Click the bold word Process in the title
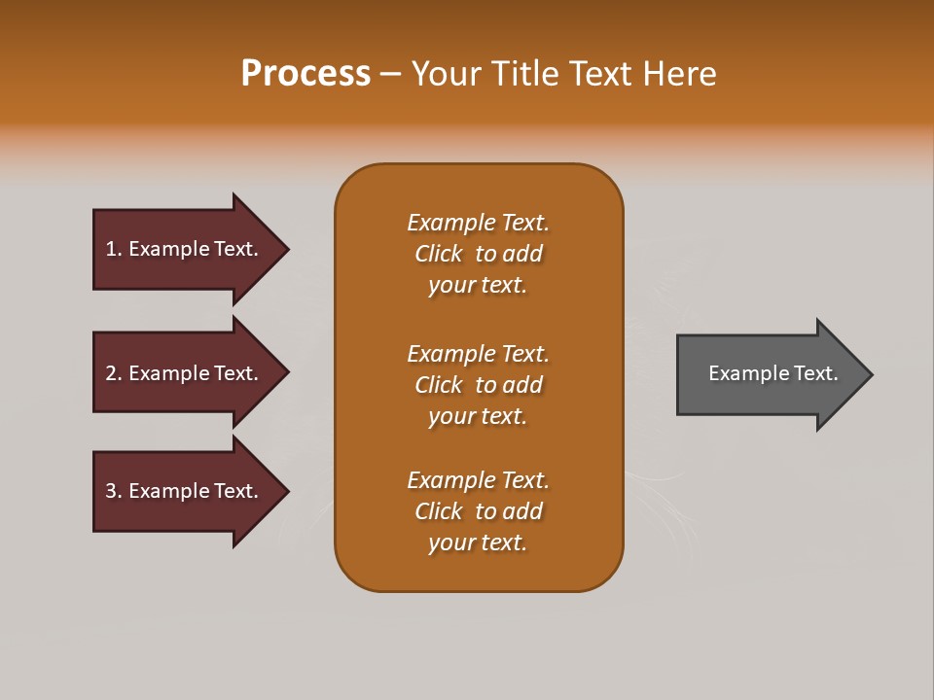tap(305, 74)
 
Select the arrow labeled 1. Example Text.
tap(185, 249)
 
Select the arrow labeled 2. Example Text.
tap(185, 373)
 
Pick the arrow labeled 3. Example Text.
tap(185, 491)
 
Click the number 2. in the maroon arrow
tap(113, 373)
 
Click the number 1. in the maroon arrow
tap(113, 249)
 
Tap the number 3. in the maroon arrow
tap(113, 491)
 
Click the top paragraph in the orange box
tap(478, 254)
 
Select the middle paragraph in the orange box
tap(478, 385)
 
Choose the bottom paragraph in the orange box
tap(478, 511)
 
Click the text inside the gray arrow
tap(772, 373)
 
